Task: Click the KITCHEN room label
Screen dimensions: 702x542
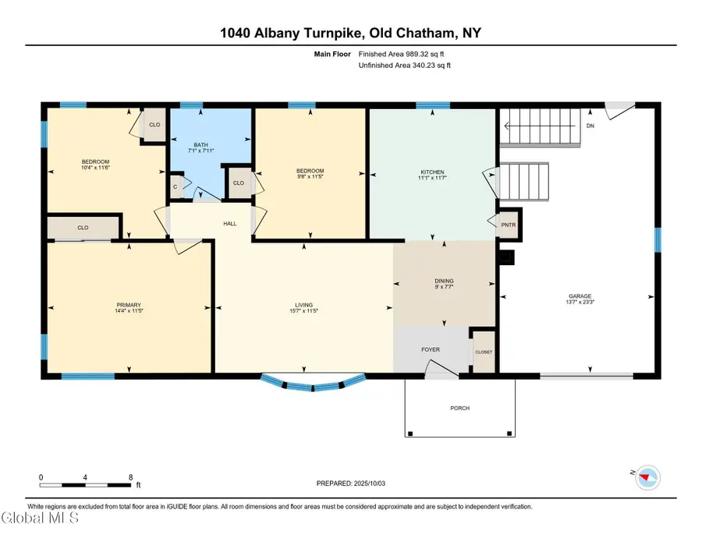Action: pyautogui.click(x=432, y=172)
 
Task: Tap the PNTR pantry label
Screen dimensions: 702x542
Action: pyautogui.click(x=508, y=225)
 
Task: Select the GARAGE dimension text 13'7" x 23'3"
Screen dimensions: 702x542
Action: pyautogui.click(x=580, y=302)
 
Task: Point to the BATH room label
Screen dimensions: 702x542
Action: pyautogui.click(x=200, y=144)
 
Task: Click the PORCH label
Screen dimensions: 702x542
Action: pyautogui.click(x=459, y=408)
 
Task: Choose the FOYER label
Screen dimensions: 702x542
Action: pyautogui.click(x=431, y=349)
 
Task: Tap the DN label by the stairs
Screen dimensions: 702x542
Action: pyautogui.click(x=590, y=126)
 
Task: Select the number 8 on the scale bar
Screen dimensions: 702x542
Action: pyautogui.click(x=131, y=477)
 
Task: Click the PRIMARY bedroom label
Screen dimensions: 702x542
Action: pyautogui.click(x=129, y=305)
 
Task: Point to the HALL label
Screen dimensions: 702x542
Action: pyautogui.click(x=229, y=223)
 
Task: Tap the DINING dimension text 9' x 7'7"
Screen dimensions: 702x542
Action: pyautogui.click(x=444, y=287)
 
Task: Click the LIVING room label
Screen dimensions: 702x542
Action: pyautogui.click(x=303, y=305)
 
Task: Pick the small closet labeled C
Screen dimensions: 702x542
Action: pyautogui.click(x=175, y=186)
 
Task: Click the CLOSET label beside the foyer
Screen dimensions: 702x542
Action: pyautogui.click(x=484, y=352)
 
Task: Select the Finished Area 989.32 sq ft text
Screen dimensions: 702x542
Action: pyautogui.click(x=401, y=54)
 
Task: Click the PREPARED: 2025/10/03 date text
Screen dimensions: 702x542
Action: pyautogui.click(x=350, y=484)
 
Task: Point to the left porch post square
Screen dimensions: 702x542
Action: pyautogui.click(x=410, y=434)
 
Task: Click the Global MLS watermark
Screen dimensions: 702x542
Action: pyautogui.click(x=40, y=518)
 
